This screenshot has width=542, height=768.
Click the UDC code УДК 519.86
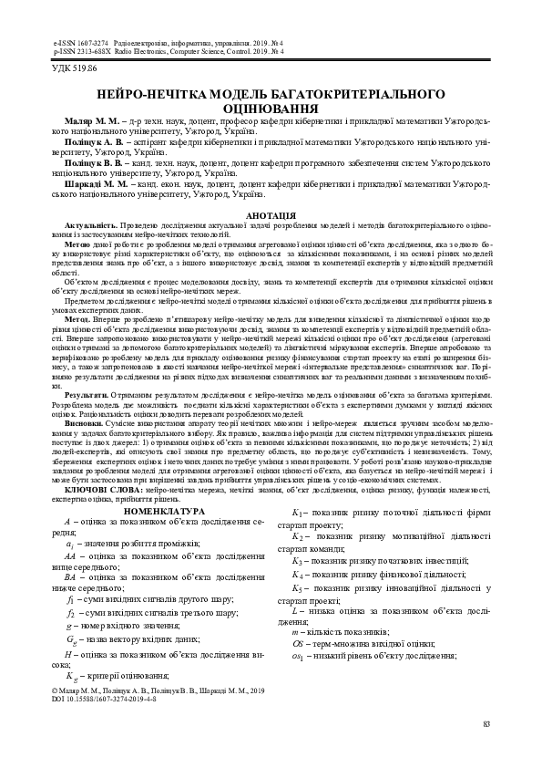pos(77,68)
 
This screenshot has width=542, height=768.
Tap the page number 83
pos(486,724)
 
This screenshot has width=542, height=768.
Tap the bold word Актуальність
pos(90,224)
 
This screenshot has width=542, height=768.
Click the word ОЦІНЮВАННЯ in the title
pos(271,108)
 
